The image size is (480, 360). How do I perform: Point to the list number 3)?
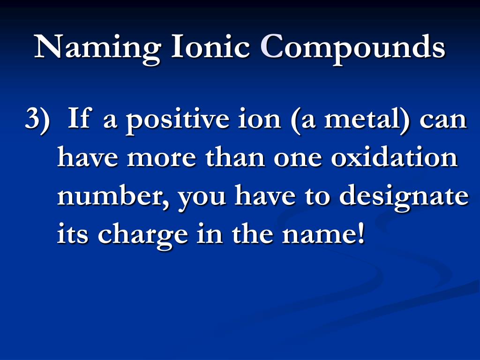[x=37, y=120]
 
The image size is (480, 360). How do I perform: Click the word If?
[x=78, y=119]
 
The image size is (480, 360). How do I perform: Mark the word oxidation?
[x=394, y=158]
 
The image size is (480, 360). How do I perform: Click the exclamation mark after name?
[x=360, y=233]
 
